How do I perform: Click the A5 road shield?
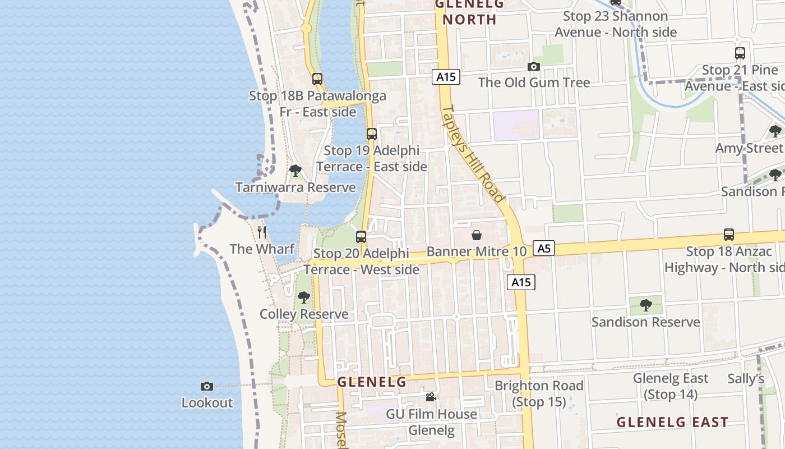[544, 248]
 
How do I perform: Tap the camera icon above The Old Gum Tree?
[534, 66]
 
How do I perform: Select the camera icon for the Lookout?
[207, 386]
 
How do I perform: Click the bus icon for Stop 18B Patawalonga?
[317, 79]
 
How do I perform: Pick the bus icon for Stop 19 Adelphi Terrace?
[372, 134]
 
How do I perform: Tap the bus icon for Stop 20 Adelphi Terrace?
[361, 237]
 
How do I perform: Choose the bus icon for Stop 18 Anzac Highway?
[729, 235]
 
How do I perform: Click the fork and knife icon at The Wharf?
[262, 232]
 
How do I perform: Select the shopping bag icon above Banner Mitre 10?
[477, 235]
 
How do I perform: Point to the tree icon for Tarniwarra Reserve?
[295, 170]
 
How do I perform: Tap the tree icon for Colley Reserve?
[304, 297]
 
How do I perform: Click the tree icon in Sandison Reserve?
[645, 305]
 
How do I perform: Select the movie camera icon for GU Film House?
[431, 397]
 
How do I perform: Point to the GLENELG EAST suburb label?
[672, 422]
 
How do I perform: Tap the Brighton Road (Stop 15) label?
[539, 393]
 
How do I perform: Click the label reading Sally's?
[746, 379]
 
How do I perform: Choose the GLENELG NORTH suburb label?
[469, 12]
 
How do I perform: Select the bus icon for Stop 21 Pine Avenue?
[740, 53]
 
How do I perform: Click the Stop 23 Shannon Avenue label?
[616, 24]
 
